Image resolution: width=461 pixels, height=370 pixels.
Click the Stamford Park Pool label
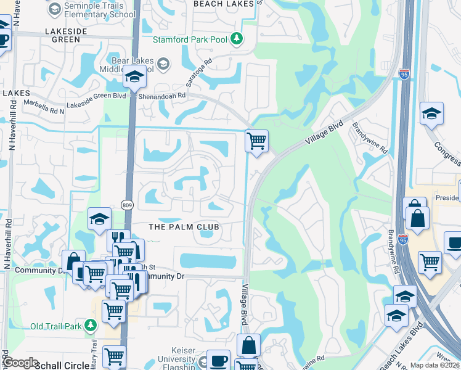191,41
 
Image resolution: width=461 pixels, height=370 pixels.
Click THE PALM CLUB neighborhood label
184,227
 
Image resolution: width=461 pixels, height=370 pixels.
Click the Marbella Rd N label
44,105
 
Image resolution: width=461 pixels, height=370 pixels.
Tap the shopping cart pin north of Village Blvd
256,140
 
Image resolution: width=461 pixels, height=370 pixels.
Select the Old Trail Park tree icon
91,324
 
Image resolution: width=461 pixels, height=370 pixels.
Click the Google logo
20,363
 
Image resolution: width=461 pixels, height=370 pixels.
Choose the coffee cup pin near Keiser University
218,360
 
